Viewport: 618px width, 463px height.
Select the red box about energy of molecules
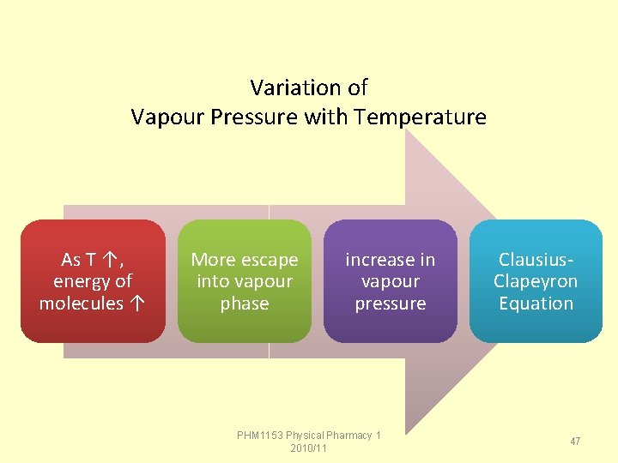tap(93, 281)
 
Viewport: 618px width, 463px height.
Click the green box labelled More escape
tap(245, 281)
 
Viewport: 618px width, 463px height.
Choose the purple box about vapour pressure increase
tap(391, 281)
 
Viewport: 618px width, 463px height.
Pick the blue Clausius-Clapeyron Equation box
tap(536, 281)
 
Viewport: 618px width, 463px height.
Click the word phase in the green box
tap(245, 304)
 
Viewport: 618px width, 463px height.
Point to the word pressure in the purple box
tap(391, 304)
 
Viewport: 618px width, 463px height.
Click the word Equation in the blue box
tap(536, 304)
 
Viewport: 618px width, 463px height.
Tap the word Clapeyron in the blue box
tap(536, 281)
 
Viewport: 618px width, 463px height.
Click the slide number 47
tap(575, 441)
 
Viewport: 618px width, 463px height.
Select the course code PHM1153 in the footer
tap(259, 436)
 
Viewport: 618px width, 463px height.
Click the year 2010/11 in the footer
tap(309, 448)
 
